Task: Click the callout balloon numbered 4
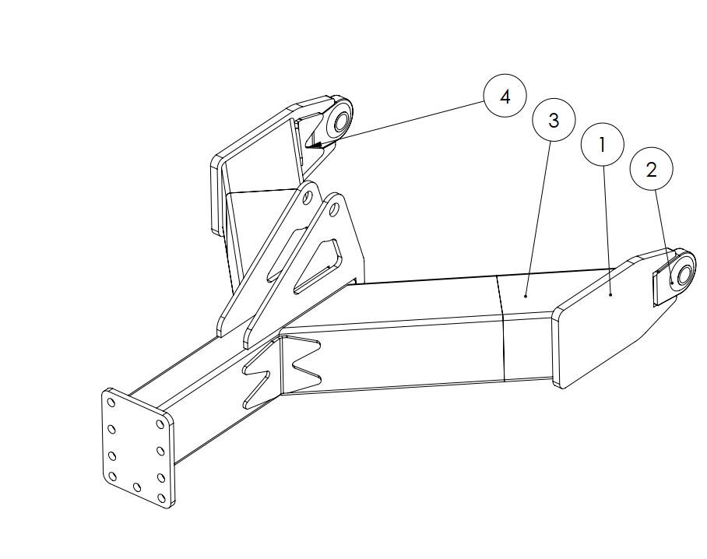[x=505, y=96]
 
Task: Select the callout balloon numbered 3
[x=554, y=120]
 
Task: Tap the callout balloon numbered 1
[x=603, y=145]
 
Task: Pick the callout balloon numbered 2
[x=652, y=170]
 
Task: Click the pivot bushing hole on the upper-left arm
[x=340, y=121]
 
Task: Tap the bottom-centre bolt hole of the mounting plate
[x=137, y=487]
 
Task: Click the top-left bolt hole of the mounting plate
[x=111, y=402]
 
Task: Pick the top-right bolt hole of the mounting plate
[x=160, y=424]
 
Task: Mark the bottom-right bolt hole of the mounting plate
[x=161, y=498]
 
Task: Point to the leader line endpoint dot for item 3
[x=526, y=296]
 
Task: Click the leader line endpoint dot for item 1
[x=610, y=295]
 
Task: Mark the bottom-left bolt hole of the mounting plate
[x=113, y=476]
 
